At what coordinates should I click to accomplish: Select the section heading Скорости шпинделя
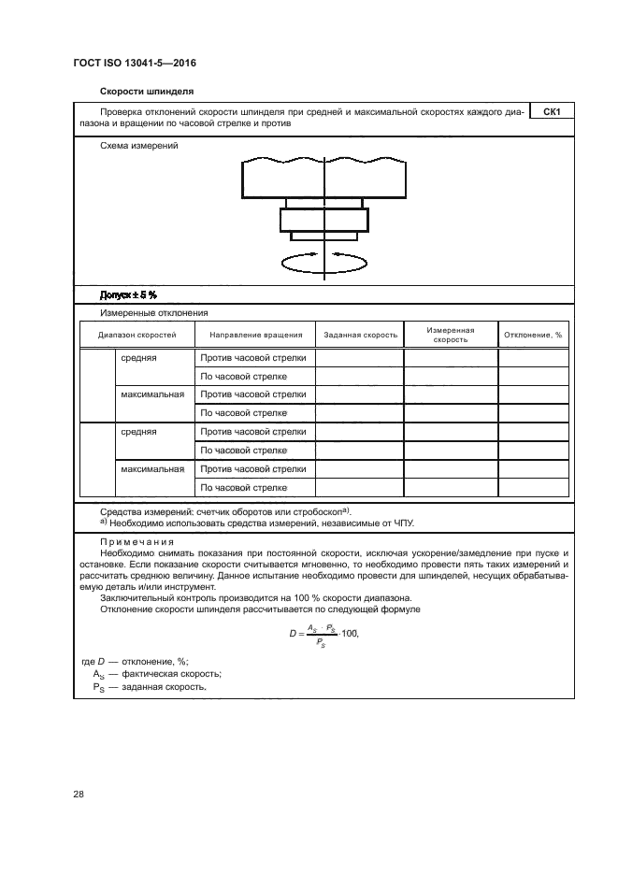click(147, 93)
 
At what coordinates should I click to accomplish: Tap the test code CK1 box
click(551, 113)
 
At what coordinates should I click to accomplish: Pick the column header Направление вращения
click(255, 335)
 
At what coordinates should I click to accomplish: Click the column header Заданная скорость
click(360, 335)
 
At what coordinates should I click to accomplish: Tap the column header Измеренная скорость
click(450, 335)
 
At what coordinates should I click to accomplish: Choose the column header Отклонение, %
click(533, 335)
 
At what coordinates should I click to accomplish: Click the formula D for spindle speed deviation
click(323, 635)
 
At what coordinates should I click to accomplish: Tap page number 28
click(79, 795)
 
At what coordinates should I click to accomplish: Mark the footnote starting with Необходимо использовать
click(257, 523)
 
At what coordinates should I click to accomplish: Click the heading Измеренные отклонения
click(153, 313)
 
